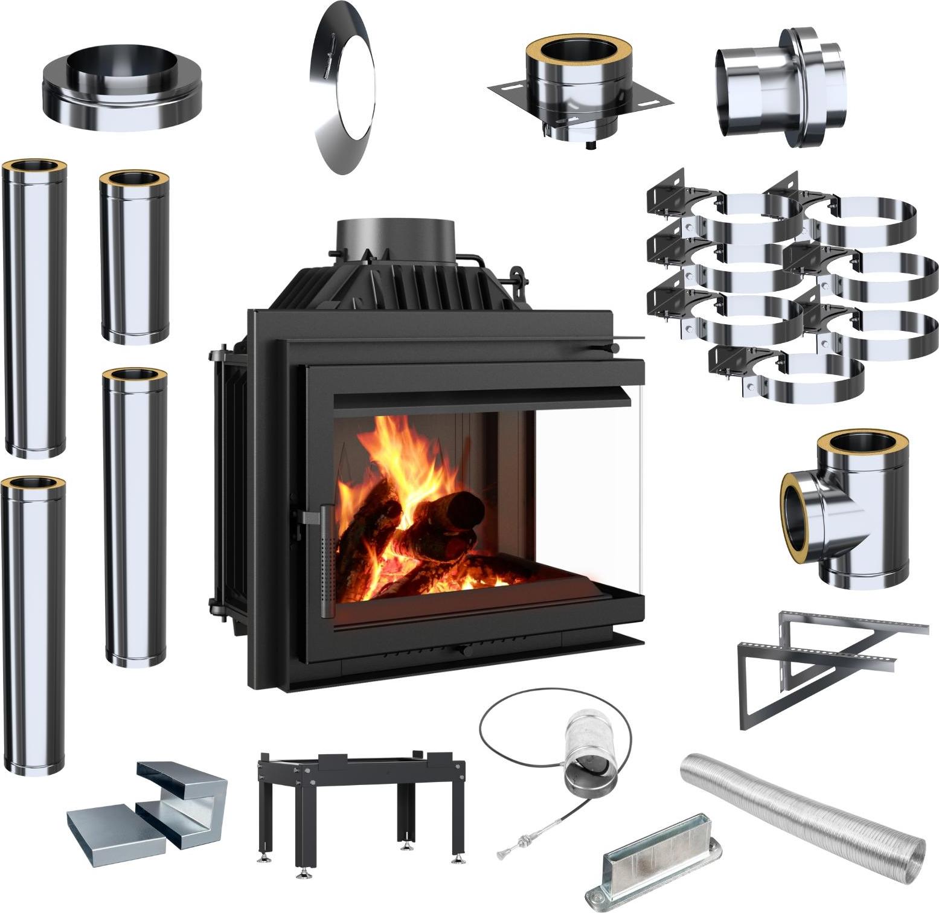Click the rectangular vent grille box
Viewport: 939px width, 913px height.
(655, 857)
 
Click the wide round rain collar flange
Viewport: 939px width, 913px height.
(121, 91)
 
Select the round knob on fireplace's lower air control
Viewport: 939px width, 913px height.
(462, 651)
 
